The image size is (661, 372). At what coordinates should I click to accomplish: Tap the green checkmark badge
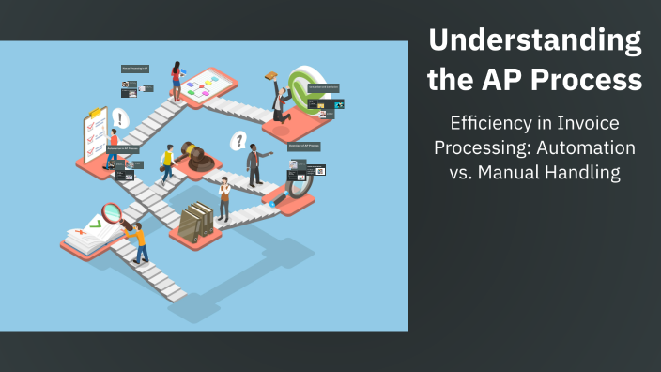pyautogui.click(x=303, y=85)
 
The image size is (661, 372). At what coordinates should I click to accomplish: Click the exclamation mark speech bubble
pyautogui.click(x=120, y=118)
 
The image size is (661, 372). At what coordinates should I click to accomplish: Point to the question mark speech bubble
pyautogui.click(x=239, y=141)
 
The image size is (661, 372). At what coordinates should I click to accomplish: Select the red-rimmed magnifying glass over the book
pyautogui.click(x=112, y=213)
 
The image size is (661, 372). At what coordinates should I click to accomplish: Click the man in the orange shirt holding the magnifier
pyautogui.click(x=139, y=242)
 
